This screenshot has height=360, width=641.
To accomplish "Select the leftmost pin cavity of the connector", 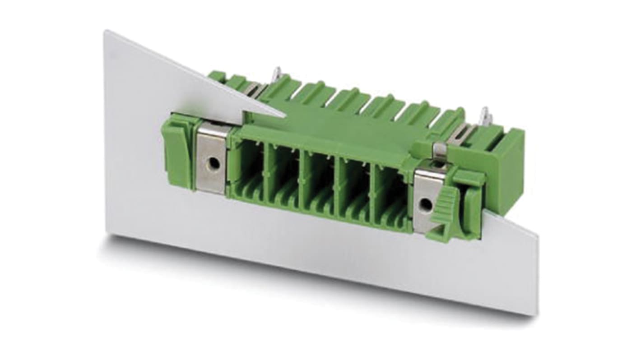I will pos(250,174).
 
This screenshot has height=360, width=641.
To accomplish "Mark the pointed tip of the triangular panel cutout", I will pos(285,116).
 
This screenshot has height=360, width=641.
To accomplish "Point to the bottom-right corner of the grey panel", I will pos(537,314).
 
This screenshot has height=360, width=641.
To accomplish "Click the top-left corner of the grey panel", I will pos(105,31).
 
